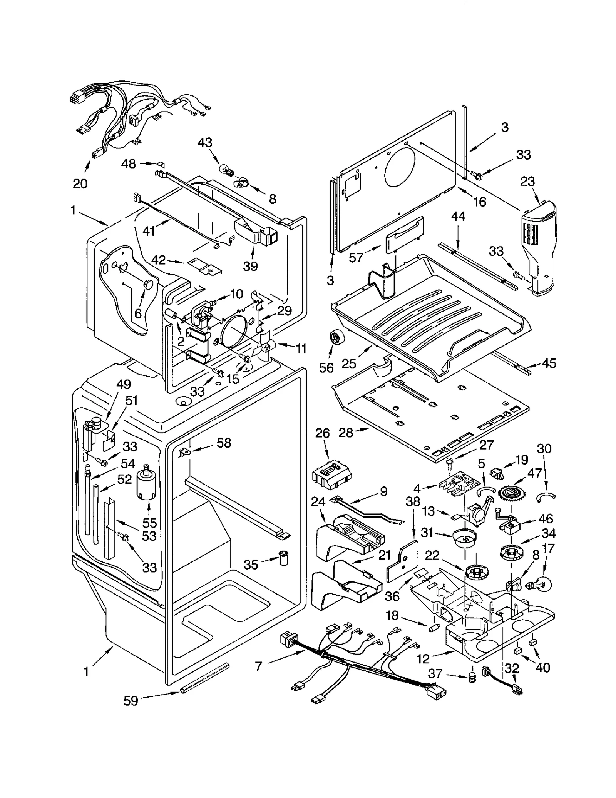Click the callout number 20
pos(80,184)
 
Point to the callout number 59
pos(131,701)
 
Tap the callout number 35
pos(251,565)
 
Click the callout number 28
pos(346,433)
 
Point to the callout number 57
pos(356,258)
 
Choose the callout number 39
pos(250,266)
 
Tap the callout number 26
pos(322,433)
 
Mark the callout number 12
pos(423,659)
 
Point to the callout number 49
pos(123,384)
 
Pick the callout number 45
pos(548,363)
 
